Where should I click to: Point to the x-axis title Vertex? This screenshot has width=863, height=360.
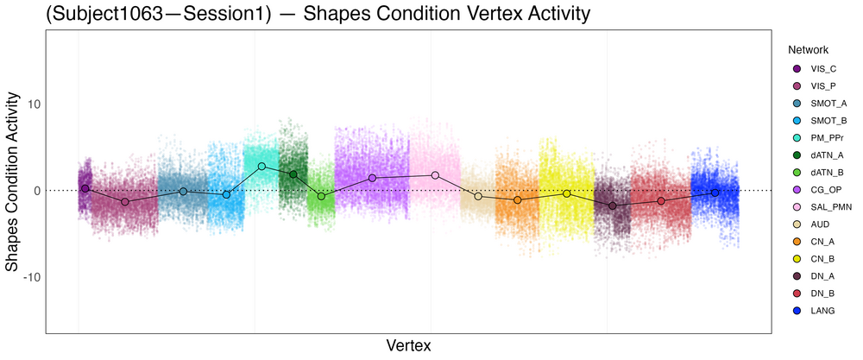coord(408,345)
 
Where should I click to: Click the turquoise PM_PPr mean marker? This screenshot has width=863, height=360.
coord(261,166)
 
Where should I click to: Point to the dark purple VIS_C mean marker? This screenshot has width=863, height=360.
coord(85,188)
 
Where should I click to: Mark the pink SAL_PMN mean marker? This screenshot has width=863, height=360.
coord(435,175)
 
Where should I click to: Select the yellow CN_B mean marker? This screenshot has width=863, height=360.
coord(566,193)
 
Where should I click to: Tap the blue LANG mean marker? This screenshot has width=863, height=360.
coord(715,193)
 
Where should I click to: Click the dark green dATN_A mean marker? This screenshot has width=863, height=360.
coord(293,174)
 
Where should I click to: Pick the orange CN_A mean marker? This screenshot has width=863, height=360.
coord(518,199)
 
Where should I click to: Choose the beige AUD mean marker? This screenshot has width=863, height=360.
coord(478,197)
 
